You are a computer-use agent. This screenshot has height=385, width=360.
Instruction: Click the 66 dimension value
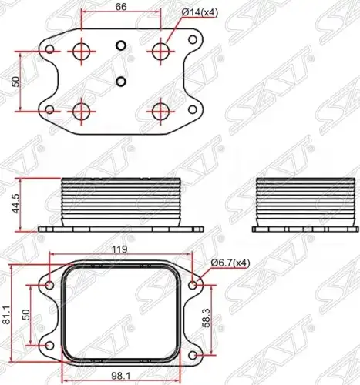click(x=121, y=7)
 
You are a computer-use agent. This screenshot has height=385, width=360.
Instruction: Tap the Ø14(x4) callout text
click(x=200, y=13)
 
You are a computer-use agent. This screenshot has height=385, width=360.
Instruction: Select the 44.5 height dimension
click(x=16, y=204)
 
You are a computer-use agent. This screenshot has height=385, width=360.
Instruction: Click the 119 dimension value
click(x=119, y=249)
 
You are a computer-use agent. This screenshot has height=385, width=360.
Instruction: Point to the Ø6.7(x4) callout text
click(x=230, y=263)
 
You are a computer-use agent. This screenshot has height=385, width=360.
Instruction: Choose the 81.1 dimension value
click(x=7, y=315)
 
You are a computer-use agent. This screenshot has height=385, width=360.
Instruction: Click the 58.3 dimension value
click(x=207, y=318)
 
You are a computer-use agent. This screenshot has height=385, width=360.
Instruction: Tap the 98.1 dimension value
click(x=121, y=377)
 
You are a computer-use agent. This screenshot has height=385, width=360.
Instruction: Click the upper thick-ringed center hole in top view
click(x=121, y=45)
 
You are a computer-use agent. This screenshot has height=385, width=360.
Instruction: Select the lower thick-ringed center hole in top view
click(x=121, y=82)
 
